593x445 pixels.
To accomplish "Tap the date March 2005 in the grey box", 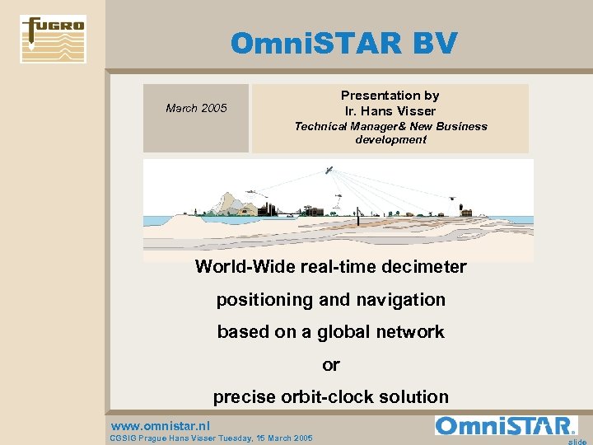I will coord(196,108).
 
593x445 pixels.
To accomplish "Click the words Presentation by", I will coord(390,96).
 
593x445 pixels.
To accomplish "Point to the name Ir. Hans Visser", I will coord(390,110).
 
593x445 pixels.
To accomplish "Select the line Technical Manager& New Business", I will coord(390,126).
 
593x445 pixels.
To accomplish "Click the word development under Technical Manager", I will coord(390,139).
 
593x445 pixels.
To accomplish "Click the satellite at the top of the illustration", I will coord(329,171).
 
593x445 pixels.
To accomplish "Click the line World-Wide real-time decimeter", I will coord(330,267).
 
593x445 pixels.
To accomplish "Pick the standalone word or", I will coord(330,364).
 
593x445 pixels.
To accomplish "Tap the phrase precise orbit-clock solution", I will coord(330,396).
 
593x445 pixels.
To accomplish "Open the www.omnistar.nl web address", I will coord(161,426).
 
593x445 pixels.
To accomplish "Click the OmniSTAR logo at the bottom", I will coord(506,425).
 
